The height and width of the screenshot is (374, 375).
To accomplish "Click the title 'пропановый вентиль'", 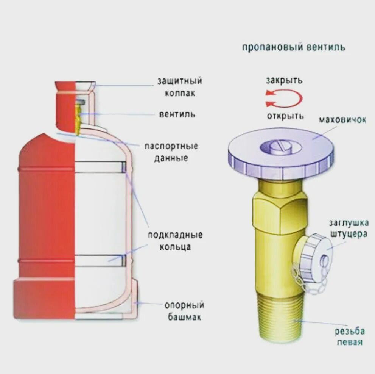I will click(293, 48).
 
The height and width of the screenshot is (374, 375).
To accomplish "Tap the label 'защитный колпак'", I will click(180, 87).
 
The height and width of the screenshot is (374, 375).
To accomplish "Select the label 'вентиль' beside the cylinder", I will click(177, 114).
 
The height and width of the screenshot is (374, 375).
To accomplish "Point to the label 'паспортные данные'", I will click(171, 152).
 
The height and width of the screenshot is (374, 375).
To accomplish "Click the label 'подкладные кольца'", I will click(175, 241).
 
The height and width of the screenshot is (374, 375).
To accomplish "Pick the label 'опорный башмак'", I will click(184, 311).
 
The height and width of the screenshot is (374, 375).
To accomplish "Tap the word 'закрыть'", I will click(284, 80).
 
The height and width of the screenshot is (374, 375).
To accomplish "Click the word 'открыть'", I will click(285, 116).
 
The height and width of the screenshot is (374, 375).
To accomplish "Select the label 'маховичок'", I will click(342, 120).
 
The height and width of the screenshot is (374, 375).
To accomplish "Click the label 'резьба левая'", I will click(349, 336).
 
